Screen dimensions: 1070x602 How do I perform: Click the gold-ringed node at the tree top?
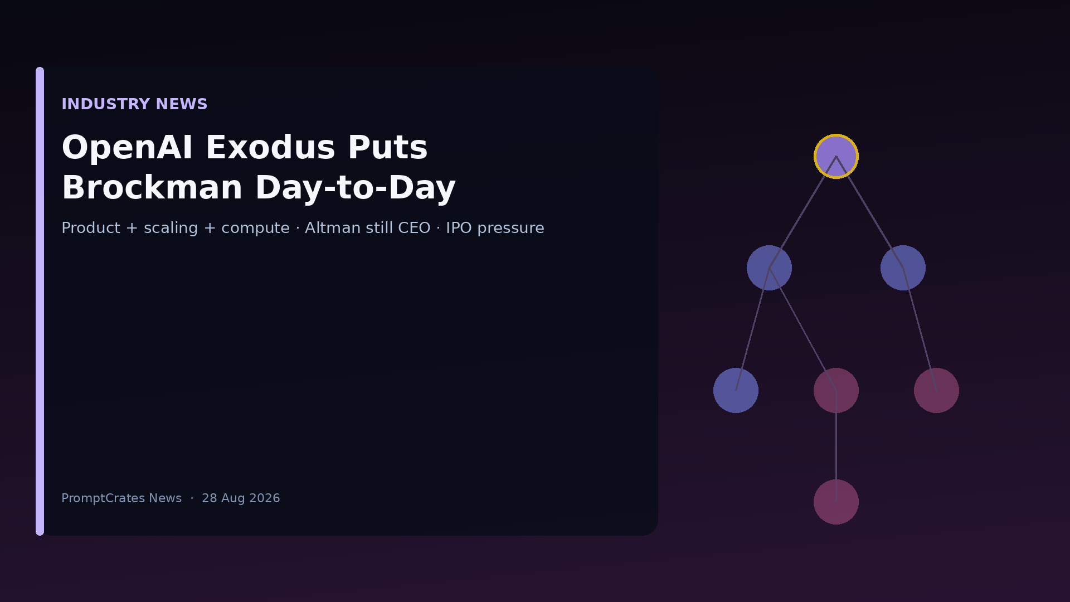point(836,156)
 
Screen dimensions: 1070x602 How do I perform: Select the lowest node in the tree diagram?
point(836,502)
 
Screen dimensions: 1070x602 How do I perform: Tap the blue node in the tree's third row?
point(736,390)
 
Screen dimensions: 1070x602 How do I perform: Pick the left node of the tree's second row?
point(769,268)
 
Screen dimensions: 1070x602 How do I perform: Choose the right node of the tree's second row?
point(903,268)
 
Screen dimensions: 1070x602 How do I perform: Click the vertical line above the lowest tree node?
point(836,446)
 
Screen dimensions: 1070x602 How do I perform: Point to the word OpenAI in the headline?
point(127,148)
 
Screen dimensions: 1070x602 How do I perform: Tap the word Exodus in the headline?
point(270,148)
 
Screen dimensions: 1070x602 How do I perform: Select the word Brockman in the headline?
point(152,188)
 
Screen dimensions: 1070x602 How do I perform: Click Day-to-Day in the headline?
point(356,188)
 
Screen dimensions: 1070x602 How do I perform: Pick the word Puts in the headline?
point(388,148)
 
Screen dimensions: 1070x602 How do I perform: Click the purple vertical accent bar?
point(40,301)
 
